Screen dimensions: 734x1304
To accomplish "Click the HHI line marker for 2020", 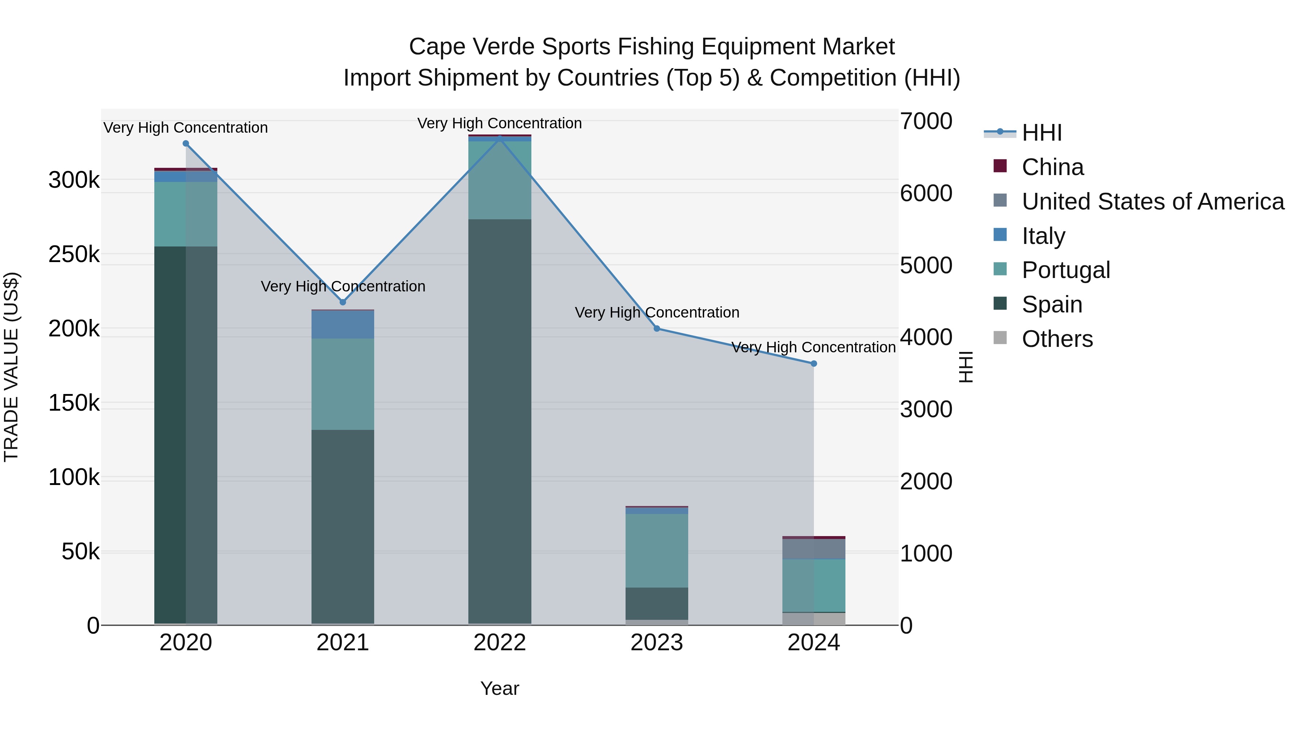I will pos(186,143).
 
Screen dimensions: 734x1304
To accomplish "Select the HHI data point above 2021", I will pos(343,302).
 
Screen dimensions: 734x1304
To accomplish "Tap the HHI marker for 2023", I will pos(657,328).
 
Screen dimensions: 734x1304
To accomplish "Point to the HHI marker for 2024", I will pos(814,363).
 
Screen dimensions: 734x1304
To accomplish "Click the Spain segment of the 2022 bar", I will pos(500,420).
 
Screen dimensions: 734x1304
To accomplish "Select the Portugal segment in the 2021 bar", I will pos(343,384).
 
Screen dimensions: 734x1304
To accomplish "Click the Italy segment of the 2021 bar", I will pos(343,324).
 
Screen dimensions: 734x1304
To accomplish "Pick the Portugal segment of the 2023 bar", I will pos(657,551).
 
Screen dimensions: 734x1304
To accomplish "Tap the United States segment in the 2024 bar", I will pos(814,549).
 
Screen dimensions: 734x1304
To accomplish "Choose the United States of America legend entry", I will pos(1153,202).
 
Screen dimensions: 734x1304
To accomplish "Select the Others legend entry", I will pos(1057,339).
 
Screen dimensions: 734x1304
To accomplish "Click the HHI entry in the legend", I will pos(1041,133).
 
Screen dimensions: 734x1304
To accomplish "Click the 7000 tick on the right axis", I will pos(926,121).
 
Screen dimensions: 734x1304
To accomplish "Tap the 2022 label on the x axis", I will pos(500,643).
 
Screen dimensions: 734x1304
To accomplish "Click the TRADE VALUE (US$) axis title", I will pos(11,367).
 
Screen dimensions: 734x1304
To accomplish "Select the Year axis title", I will pos(500,688).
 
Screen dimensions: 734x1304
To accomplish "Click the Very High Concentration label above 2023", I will pos(657,312).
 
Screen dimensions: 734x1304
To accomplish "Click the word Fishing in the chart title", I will pos(656,47).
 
